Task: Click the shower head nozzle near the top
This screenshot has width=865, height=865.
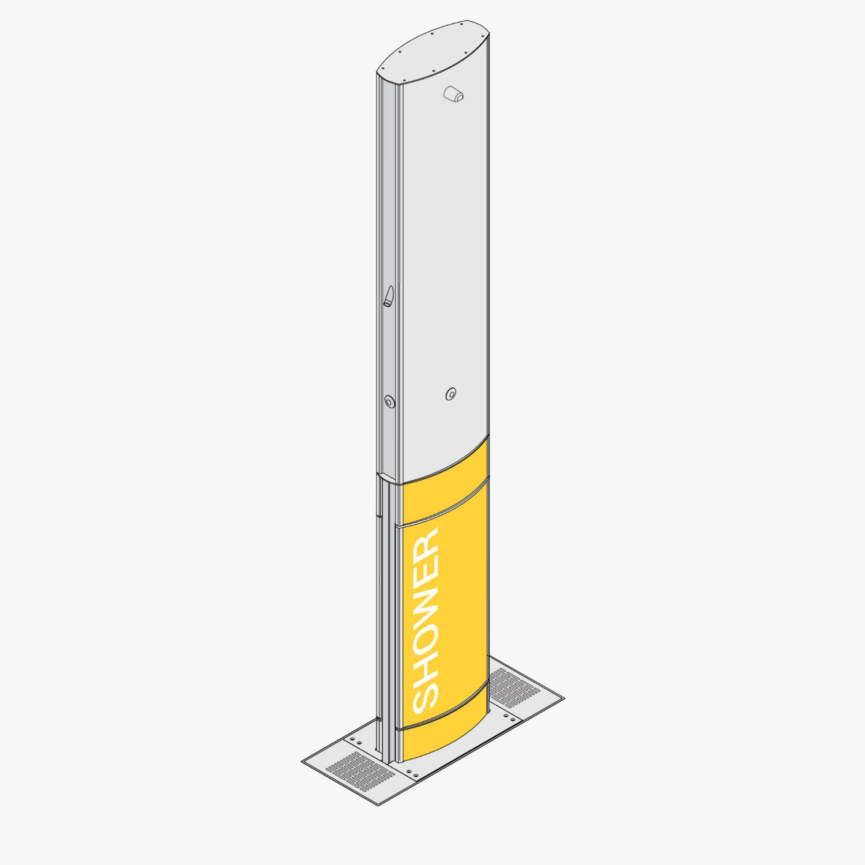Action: pyautogui.click(x=454, y=95)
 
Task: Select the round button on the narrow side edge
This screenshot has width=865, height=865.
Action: pyautogui.click(x=389, y=401)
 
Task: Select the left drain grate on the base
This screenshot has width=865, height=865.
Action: pyautogui.click(x=360, y=771)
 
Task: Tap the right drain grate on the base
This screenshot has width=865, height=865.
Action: pyautogui.click(x=513, y=687)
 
